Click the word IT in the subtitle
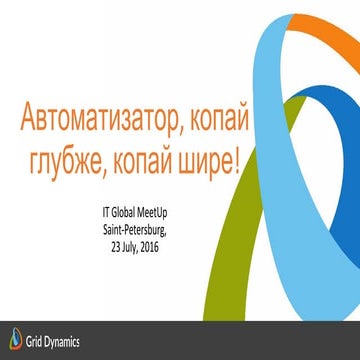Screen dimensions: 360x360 106,212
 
